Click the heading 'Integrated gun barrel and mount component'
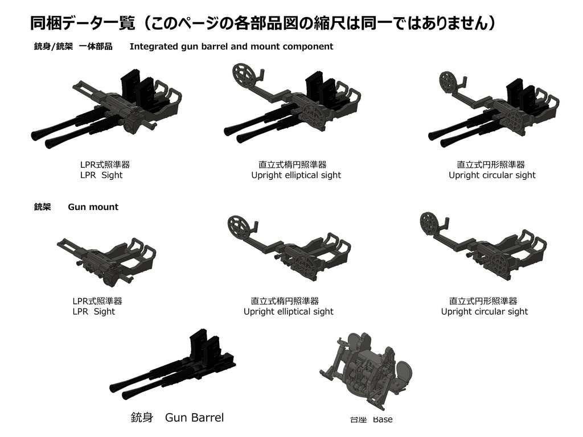[231, 47]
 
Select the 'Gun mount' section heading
[93, 207]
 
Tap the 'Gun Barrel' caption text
[194, 418]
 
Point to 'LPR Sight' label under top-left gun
[101, 175]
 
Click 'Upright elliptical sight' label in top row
[296, 175]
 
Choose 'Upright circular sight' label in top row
[492, 175]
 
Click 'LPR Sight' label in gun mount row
[93, 311]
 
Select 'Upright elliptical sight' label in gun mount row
[288, 311]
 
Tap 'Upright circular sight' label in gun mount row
[484, 311]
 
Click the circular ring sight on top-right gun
[450, 83]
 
